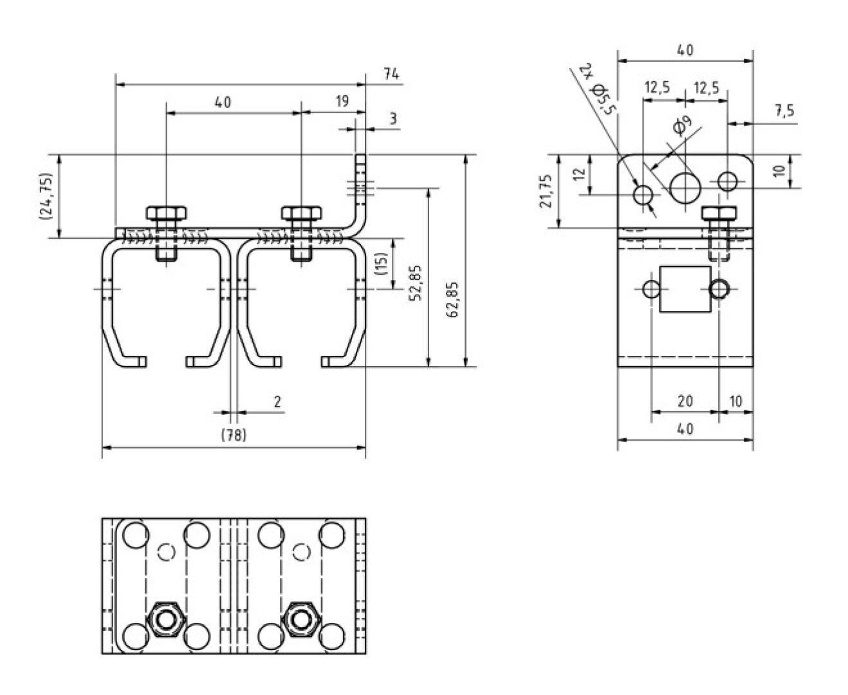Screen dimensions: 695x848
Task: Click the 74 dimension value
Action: (x=391, y=75)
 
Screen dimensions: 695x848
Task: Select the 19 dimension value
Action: (x=342, y=101)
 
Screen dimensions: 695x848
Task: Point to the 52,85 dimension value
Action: (x=416, y=283)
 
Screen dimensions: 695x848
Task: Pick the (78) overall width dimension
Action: (x=234, y=436)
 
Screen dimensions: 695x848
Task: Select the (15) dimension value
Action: (x=381, y=264)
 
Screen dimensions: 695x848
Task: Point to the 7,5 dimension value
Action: (x=784, y=111)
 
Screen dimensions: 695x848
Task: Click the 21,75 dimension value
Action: (x=546, y=191)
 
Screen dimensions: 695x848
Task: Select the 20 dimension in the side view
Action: (x=685, y=402)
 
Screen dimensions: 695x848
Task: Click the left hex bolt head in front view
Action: (x=167, y=213)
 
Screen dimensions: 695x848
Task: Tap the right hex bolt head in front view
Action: (x=301, y=213)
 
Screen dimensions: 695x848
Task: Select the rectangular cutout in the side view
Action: (x=686, y=290)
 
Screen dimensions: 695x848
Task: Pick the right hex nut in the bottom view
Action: (x=299, y=619)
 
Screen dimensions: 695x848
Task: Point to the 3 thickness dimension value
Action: (x=392, y=119)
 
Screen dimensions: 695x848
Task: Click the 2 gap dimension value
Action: (x=277, y=402)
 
